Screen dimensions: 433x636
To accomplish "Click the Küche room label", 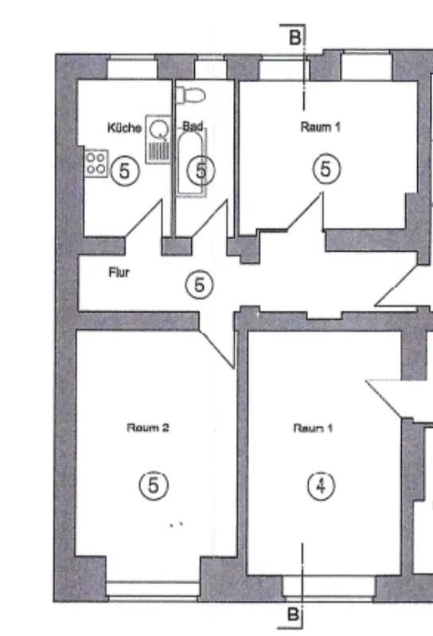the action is pyautogui.click(x=124, y=128).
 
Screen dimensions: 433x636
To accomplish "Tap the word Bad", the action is pyautogui.click(x=193, y=126).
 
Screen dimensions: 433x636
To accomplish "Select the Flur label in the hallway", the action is pyautogui.click(x=119, y=272).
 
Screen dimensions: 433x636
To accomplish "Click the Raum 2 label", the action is pyautogui.click(x=148, y=427).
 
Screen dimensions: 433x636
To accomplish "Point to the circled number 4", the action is pyautogui.click(x=321, y=486).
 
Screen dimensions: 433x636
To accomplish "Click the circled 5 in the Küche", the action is pyautogui.click(x=125, y=171).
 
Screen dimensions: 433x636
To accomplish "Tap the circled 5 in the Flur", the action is pyautogui.click(x=199, y=285).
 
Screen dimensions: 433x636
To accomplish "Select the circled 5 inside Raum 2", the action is pyautogui.click(x=154, y=485).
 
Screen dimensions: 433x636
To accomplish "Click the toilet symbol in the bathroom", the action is pyautogui.click(x=190, y=96).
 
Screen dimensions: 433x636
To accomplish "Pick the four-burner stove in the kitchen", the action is pyautogui.click(x=96, y=163).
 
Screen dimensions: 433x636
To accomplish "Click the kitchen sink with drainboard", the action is pyautogui.click(x=158, y=139).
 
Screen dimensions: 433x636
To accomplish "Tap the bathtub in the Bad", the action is pyautogui.click(x=191, y=163).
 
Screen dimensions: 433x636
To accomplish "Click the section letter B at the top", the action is pyautogui.click(x=295, y=37).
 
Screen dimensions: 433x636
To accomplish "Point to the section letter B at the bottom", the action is pyautogui.click(x=293, y=614).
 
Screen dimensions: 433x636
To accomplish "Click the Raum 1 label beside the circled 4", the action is pyautogui.click(x=313, y=428).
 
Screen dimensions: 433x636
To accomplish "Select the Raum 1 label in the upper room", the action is pyautogui.click(x=321, y=127).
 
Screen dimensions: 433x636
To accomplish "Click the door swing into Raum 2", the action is pyautogui.click(x=217, y=347).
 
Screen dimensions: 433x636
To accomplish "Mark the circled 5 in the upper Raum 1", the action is pyautogui.click(x=326, y=169).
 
